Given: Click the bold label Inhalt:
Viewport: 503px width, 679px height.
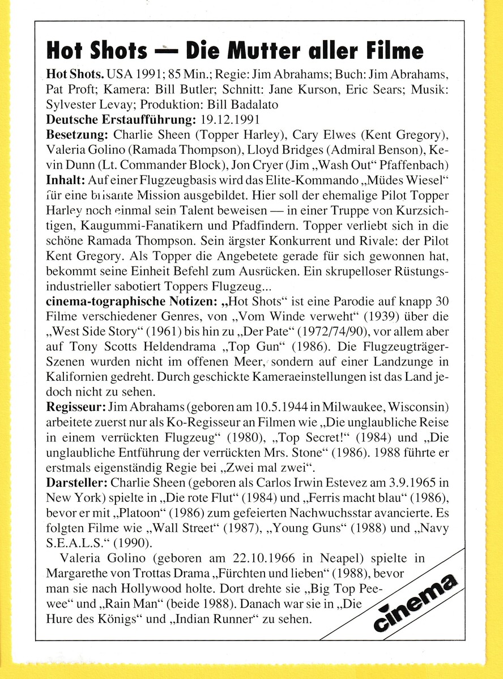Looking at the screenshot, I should click(x=65, y=180).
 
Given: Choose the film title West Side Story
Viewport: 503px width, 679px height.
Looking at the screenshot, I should click(x=101, y=330).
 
